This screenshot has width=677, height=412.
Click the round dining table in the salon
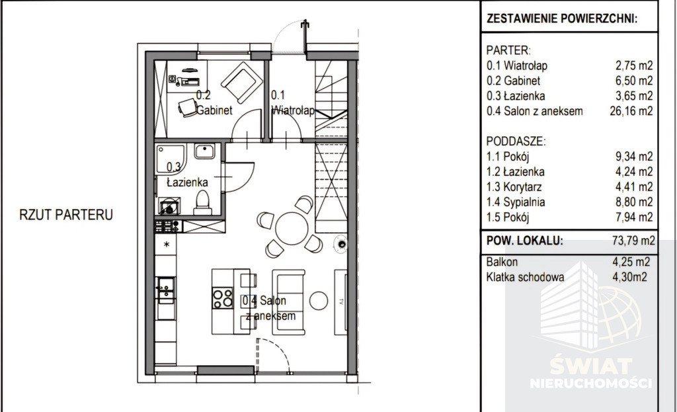coord(292,228)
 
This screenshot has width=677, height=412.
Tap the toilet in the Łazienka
coord(202,202)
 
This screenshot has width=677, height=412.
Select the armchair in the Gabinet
coord(241,82)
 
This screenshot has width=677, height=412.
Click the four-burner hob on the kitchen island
coord(222,298)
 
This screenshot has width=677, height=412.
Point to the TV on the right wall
coord(340,302)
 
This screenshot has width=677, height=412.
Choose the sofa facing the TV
coord(288,302)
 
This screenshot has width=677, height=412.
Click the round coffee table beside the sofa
coord(319,301)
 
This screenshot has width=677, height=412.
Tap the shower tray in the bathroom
coord(170,159)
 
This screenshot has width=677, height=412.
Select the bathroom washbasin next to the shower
coord(204,151)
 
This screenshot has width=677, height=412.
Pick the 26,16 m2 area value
coord(631,111)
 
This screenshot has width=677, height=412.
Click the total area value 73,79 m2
coord(633,241)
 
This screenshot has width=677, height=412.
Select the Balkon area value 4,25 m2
coord(631,262)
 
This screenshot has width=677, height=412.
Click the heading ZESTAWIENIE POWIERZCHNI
coord(562,19)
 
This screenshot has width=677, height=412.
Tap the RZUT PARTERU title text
coord(66,215)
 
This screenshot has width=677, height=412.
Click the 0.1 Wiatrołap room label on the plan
coord(293,103)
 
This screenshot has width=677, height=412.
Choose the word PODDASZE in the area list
coord(516,142)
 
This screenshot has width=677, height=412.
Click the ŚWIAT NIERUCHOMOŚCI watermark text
coord(590,373)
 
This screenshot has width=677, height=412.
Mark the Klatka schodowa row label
coord(525,277)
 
